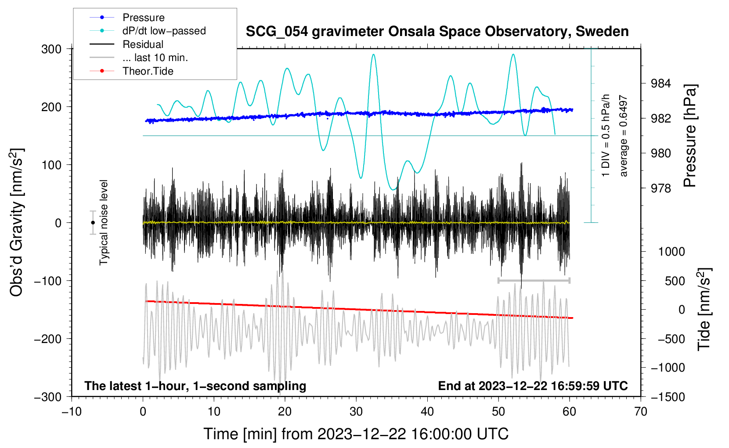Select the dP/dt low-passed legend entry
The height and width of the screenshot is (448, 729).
pyautogui.click(x=164, y=31)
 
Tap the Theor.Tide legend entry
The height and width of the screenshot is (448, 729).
pyautogui.click(x=148, y=71)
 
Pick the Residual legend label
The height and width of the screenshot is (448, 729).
pyautogui.click(x=143, y=44)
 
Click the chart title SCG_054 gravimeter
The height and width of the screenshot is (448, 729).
pyautogui.click(x=437, y=32)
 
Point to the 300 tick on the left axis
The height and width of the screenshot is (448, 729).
pyautogui.click(x=51, y=49)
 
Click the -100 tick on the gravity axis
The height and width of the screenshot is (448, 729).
pyautogui.click(x=48, y=281)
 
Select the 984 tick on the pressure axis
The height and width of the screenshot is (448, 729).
pyautogui.click(x=660, y=83)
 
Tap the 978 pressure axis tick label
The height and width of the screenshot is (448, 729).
pyautogui.click(x=660, y=188)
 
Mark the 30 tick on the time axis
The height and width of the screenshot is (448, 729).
pyautogui.click(x=356, y=412)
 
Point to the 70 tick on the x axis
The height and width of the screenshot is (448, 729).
pyautogui.click(x=641, y=412)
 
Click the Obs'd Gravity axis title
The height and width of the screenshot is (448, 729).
pyautogui.click(x=17, y=222)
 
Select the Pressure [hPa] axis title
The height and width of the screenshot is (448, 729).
pyautogui.click(x=690, y=136)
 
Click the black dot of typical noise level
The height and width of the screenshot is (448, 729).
pyautogui.click(x=93, y=223)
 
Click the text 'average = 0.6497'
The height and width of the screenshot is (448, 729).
pyautogui.click(x=623, y=136)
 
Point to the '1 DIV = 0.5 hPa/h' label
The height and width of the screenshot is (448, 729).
pyautogui.click(x=606, y=135)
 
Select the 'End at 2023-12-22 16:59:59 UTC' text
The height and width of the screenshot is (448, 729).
pyautogui.click(x=533, y=386)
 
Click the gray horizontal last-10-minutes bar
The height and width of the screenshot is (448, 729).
pyautogui.click(x=534, y=280)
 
